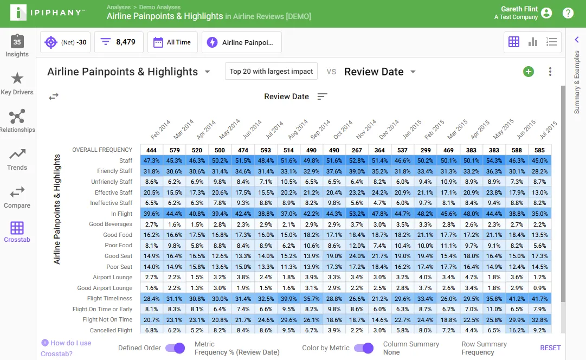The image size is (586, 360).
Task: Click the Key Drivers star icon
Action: point(17,79)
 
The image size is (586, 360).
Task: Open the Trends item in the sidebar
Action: point(17,159)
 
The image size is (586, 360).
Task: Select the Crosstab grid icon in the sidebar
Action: point(17,228)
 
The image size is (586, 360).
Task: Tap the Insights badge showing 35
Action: point(17,42)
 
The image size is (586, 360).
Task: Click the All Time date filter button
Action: point(172,42)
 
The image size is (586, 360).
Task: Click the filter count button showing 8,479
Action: point(119,42)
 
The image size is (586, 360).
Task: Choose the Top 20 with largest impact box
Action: point(271,72)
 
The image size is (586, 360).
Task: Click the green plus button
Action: point(529,72)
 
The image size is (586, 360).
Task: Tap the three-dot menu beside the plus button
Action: point(550,72)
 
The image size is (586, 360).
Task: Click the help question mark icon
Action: point(568,13)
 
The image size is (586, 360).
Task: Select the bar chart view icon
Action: point(532,42)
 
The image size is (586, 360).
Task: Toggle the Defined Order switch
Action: point(175,348)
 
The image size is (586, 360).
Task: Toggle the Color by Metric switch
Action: point(364,348)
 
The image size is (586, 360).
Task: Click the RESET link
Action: point(550,348)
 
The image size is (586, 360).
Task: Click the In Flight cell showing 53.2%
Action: point(357,214)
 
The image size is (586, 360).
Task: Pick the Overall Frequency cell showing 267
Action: point(357,150)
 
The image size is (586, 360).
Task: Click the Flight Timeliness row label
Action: point(110,298)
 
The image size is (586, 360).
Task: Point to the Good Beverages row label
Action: point(111,224)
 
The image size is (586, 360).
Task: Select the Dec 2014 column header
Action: point(389,130)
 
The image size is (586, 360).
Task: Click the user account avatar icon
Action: point(546,13)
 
